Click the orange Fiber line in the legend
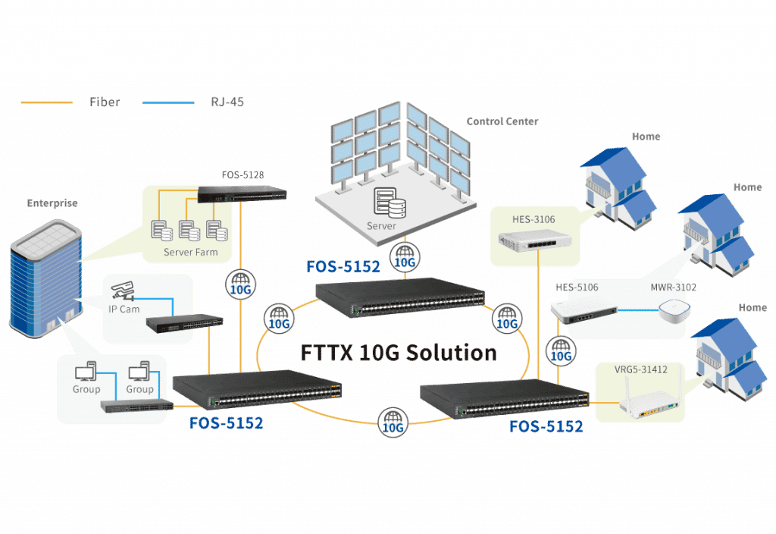click(x=47, y=102)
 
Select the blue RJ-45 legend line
click(x=167, y=102)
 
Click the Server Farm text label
click(x=190, y=252)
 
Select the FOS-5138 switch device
click(x=242, y=194)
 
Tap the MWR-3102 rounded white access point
click(x=670, y=312)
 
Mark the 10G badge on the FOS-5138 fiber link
click(x=240, y=284)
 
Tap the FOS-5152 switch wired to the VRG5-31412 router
click(x=504, y=398)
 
